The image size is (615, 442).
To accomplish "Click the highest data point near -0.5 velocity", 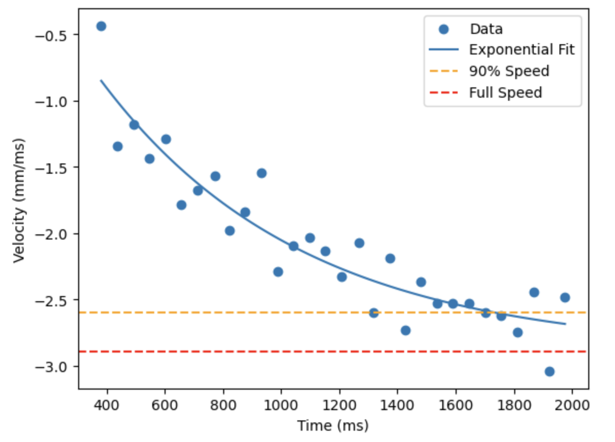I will coord(101,26).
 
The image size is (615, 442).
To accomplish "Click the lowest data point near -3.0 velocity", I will coord(549,372).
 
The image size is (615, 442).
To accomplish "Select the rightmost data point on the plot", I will coord(565,298).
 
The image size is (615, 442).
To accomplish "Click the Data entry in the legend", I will coord(486,29).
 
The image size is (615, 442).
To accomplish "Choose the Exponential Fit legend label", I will coord(521,50).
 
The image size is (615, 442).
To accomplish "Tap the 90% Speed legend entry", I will coord(509,71).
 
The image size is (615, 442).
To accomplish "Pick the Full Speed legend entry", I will coord(505,93).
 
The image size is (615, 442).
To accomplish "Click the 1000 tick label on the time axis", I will coord(281,403).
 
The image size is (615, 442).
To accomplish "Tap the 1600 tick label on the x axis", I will coord(456,403).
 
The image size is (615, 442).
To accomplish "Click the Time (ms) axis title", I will coord(333,426).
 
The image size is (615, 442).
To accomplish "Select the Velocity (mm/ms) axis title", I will coord(20,200).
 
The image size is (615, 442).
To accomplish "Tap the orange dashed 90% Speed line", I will coord(206,312).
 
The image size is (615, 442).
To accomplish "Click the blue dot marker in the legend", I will coord(443,29).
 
